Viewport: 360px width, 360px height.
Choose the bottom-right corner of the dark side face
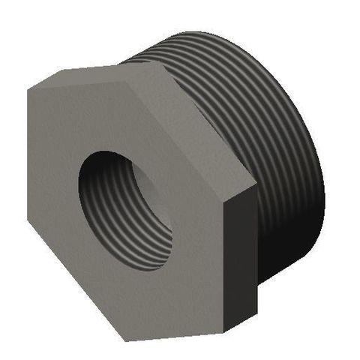click(x=259, y=314)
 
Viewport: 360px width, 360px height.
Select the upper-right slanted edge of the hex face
click(x=207, y=121)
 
